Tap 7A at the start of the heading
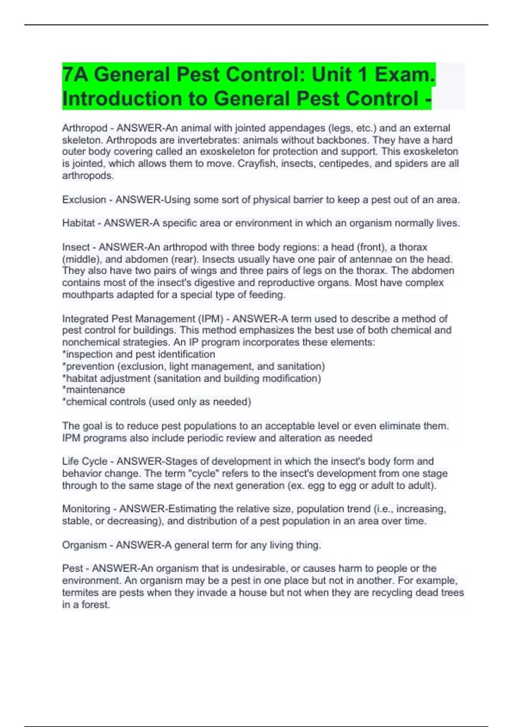pyautogui.click(x=75, y=74)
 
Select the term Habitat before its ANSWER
pyautogui.click(x=78, y=223)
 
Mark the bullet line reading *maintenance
pyautogui.click(x=94, y=390)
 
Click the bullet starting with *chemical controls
pyautogui.click(x=156, y=402)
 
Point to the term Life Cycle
pyautogui.click(x=85, y=461)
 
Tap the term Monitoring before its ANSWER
pyautogui.click(x=86, y=509)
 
